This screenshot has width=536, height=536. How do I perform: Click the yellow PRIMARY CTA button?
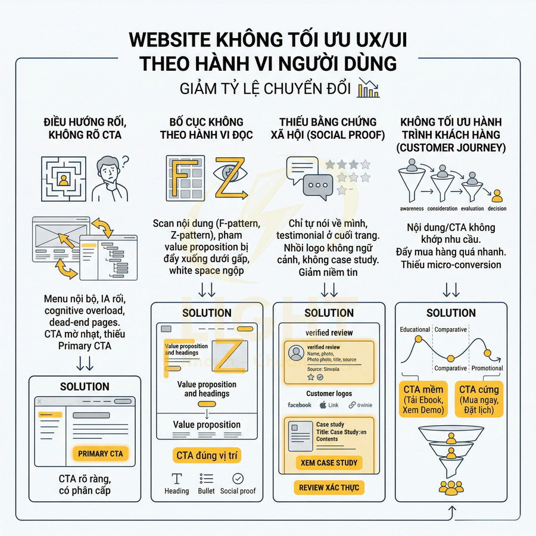[x=100, y=454]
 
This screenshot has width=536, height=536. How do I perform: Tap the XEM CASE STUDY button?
[x=329, y=463]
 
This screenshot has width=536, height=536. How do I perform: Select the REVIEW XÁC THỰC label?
[x=329, y=488]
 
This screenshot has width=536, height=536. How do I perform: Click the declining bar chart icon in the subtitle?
[x=368, y=89]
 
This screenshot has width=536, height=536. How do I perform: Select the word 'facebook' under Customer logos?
[x=300, y=405]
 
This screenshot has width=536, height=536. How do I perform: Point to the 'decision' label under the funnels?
[x=497, y=208]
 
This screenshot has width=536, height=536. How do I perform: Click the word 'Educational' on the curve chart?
[x=415, y=329]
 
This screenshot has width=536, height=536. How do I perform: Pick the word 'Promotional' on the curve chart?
[x=487, y=368]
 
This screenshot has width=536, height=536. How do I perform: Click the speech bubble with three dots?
[x=317, y=185]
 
